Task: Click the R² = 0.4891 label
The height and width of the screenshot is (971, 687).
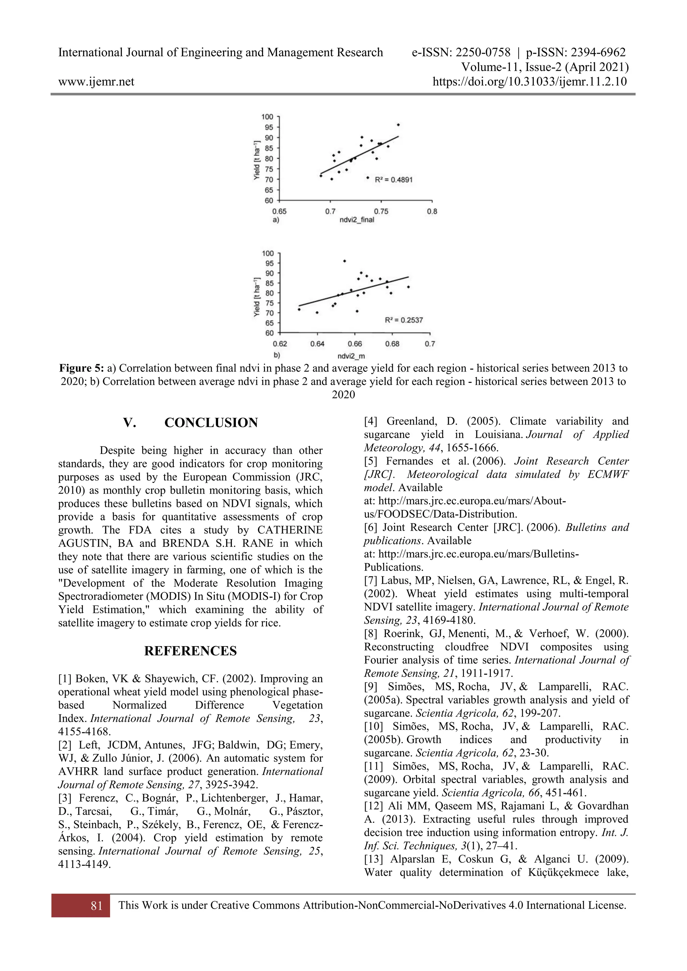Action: tap(393, 180)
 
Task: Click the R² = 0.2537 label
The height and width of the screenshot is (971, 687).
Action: tap(404, 320)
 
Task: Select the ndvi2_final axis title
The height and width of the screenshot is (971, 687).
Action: tap(357, 220)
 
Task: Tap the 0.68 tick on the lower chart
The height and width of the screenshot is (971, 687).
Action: tap(392, 344)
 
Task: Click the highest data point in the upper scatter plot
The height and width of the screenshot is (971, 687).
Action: tap(398, 125)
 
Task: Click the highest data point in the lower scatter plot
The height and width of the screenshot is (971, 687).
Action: tap(345, 261)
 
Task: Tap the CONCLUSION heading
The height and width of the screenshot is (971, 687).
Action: tap(211, 422)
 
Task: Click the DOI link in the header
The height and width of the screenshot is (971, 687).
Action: tap(530, 81)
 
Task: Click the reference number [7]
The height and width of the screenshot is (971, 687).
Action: tap(371, 581)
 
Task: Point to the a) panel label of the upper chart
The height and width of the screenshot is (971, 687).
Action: tap(276, 220)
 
